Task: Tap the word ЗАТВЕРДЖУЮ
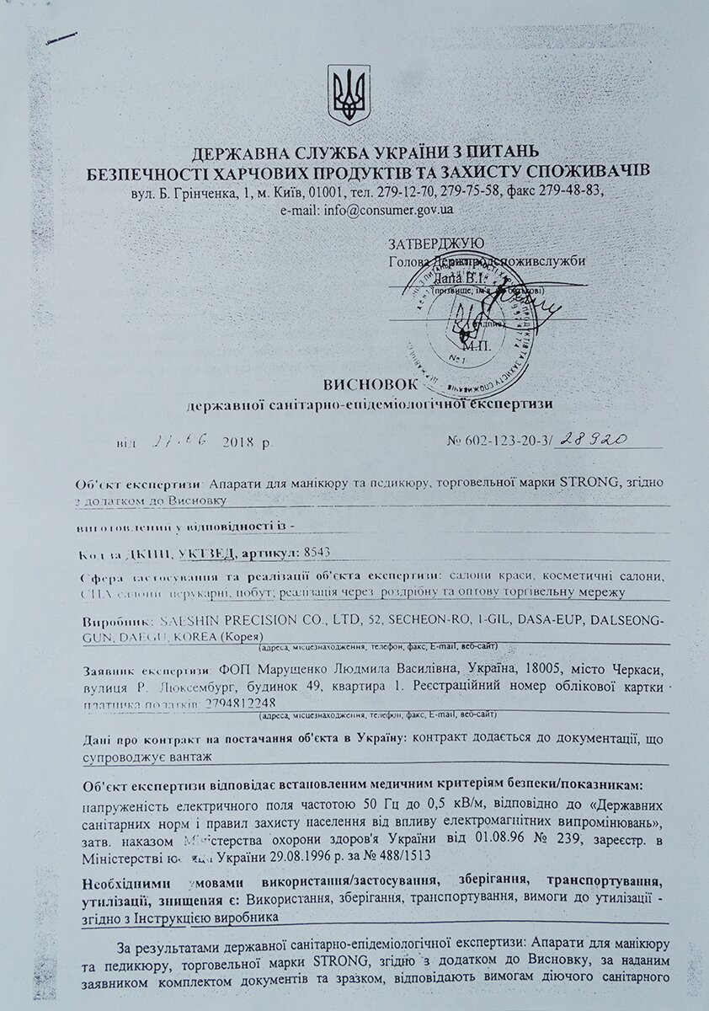click(x=435, y=244)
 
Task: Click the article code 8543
click(x=316, y=553)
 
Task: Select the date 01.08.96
click(x=492, y=840)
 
